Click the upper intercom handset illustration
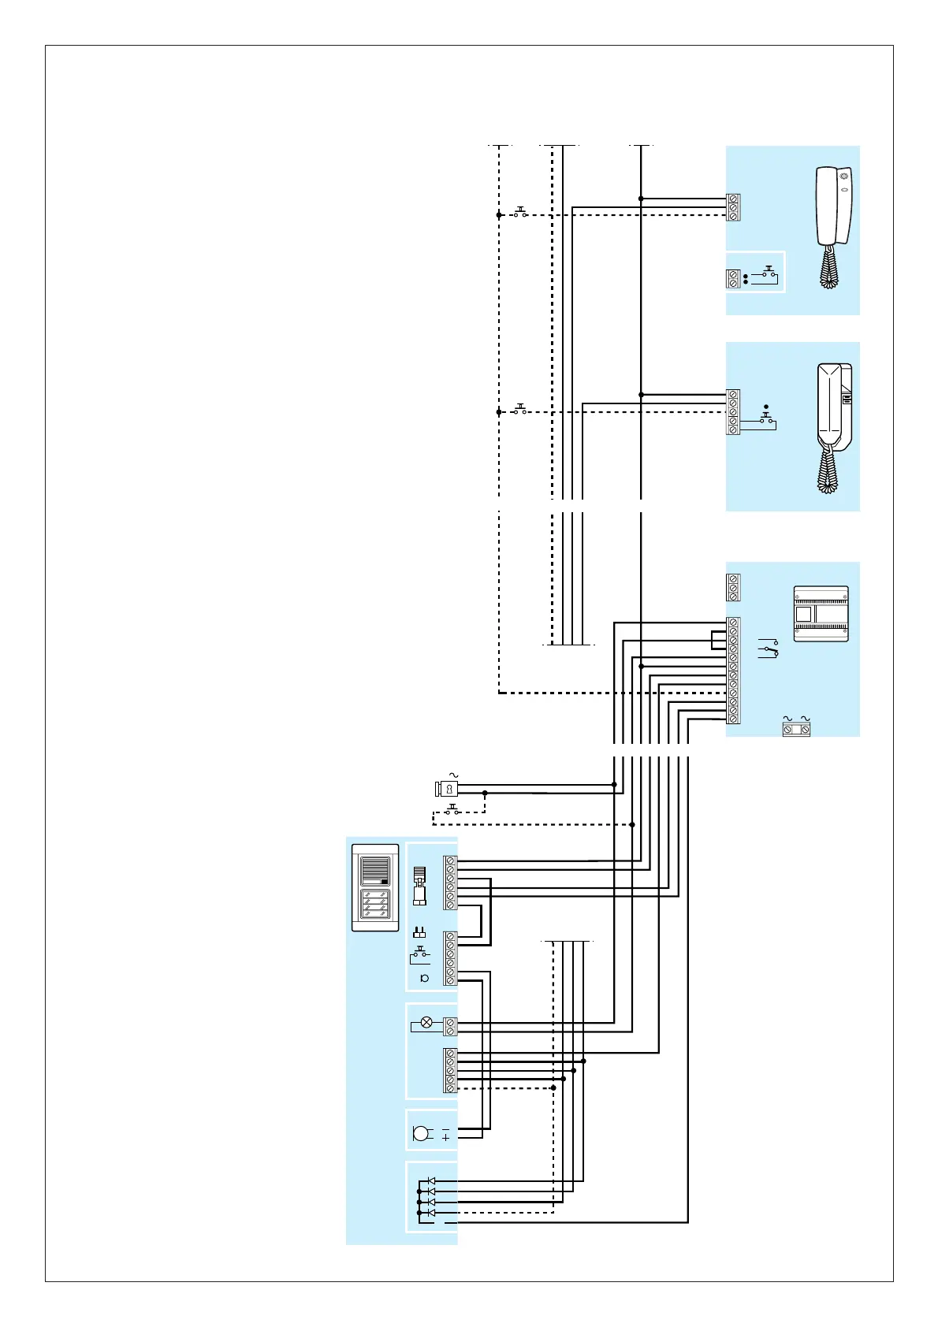coord(833,206)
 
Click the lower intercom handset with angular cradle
coord(834,410)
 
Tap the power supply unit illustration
coord(821,614)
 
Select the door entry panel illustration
coord(375,887)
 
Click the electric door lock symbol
coord(447,788)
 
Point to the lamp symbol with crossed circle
coord(426,1022)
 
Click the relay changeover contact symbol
coord(769,649)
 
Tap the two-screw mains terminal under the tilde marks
coord(796,730)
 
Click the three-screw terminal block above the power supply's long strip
coord(733,588)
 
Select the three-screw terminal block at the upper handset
coord(733,206)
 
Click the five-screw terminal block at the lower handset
coord(733,411)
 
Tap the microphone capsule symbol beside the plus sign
coord(422,1133)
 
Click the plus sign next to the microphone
coord(445,1138)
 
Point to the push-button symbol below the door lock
coord(452,809)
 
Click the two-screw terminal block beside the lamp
coord(450,1026)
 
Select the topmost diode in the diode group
coord(430,1180)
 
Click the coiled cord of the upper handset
coord(828,268)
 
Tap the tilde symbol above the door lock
coord(453,776)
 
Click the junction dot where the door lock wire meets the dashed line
coord(485,793)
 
